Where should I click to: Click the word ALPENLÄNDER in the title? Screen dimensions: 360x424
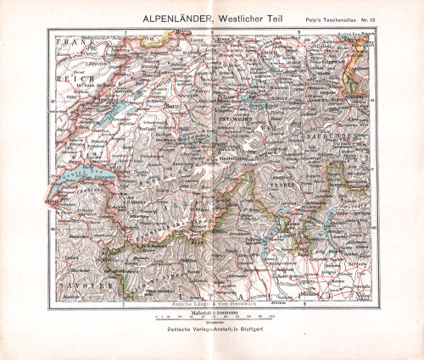(166, 14)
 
